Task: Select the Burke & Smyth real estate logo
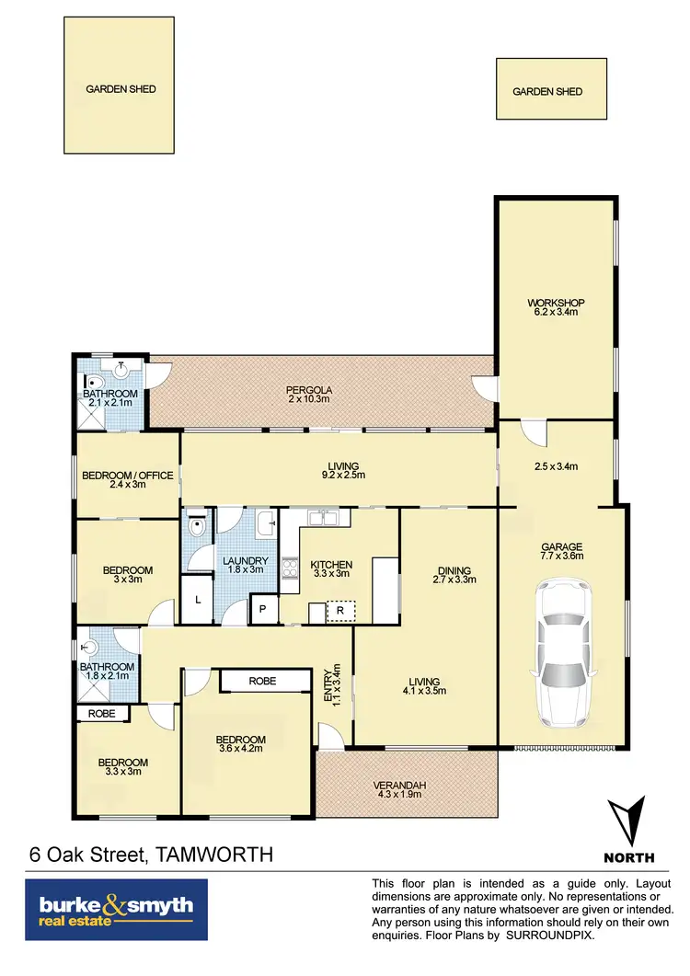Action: pyautogui.click(x=116, y=909)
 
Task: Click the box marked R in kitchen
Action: pyautogui.click(x=339, y=611)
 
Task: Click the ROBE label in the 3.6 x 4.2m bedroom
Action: pyautogui.click(x=265, y=682)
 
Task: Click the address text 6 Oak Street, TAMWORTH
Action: pyautogui.click(x=150, y=855)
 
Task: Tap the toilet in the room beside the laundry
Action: pyautogui.click(x=196, y=530)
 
